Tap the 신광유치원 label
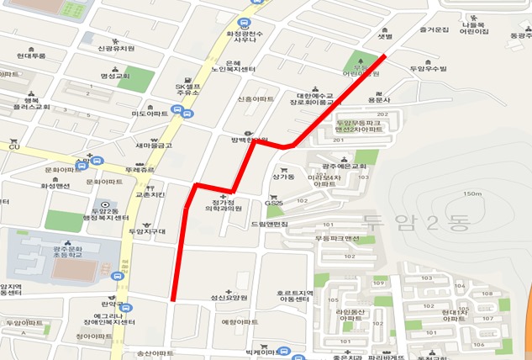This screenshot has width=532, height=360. point(117,48)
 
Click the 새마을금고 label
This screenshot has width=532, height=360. point(154,145)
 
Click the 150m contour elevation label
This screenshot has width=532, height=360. point(471,194)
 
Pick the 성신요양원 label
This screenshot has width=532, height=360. point(229,297)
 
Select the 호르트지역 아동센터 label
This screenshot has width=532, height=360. point(292,298)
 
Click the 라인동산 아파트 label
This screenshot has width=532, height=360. point(350,315)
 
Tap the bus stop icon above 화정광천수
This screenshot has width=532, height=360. point(244,23)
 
